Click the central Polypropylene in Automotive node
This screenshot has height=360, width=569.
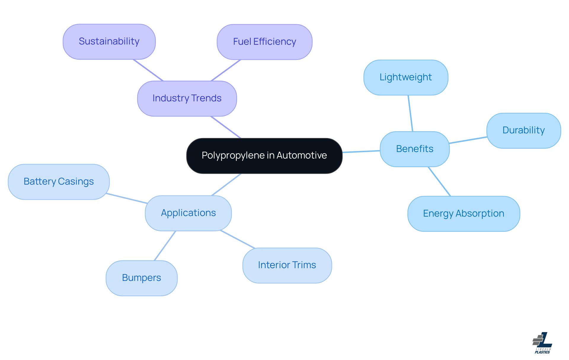coord(264,156)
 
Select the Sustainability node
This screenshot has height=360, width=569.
coord(109,41)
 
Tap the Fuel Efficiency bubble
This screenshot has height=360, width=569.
coord(264,42)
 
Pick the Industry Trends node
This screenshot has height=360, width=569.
coord(187,98)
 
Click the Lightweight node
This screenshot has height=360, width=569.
coord(406,77)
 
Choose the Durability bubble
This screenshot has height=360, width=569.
coord(523,130)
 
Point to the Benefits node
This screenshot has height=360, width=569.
coord(415,149)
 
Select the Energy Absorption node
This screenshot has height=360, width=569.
coord(463,214)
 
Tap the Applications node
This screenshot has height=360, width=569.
coord(188,213)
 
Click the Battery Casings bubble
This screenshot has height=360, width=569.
coord(59,182)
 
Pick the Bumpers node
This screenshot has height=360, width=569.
coord(141,278)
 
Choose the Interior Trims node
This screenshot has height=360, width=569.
coord(287,265)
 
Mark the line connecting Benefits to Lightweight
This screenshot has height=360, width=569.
coord(410,113)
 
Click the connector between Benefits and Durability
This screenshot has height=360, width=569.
coord(468,140)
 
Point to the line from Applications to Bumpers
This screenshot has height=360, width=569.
coord(165,246)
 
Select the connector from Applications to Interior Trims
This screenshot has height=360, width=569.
coord(237,239)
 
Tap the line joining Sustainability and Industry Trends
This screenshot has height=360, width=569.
coord(148,70)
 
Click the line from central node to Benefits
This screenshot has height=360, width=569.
coord(361,152)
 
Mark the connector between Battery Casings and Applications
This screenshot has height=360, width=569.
coord(127,198)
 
